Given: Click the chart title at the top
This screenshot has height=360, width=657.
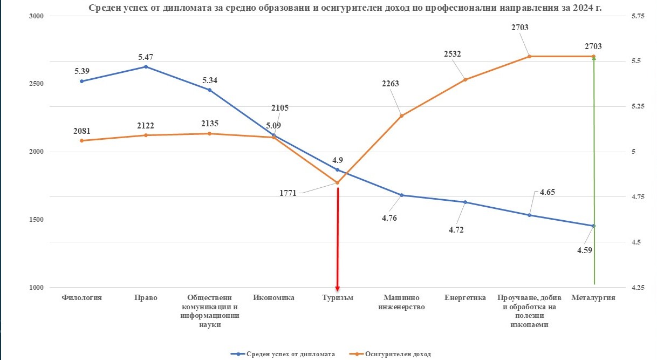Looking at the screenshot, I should (345, 7).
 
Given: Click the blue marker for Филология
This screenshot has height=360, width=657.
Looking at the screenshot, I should (81, 81).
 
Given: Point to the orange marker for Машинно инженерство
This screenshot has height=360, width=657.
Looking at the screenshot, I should (401, 116).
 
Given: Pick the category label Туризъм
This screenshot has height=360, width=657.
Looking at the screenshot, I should (338, 297).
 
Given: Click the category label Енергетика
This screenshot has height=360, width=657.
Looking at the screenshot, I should (465, 297).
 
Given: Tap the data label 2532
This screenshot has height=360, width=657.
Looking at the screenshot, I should (453, 53).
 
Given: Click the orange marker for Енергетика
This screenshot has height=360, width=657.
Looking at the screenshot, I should (465, 79).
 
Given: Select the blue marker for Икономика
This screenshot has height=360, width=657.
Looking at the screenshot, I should (273, 135).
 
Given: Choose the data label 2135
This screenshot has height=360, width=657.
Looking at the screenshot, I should (209, 123).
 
